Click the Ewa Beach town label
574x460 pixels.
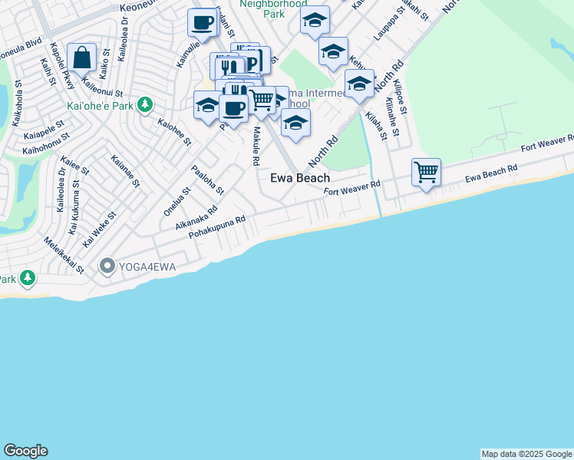pos(300,178)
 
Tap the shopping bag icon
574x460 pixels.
pos(81,58)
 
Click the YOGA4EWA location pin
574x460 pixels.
pos(107,267)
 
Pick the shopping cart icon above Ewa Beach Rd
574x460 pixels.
pos(426,172)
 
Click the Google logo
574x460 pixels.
pos(25,451)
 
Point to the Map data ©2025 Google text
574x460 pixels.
pos(527,454)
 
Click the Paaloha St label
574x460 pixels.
pos(207,179)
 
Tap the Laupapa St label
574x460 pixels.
pos(390,31)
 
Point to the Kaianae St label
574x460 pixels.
pos(125,171)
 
